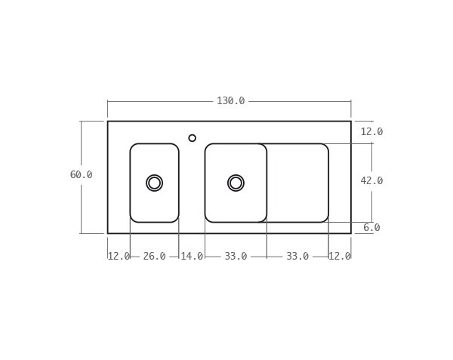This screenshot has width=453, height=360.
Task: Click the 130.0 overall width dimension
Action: coord(230,101)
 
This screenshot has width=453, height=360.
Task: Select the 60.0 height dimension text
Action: coord(81,175)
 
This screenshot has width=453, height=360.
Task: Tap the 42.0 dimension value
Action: coord(371,181)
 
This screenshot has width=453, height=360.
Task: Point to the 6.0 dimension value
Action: coord(371,228)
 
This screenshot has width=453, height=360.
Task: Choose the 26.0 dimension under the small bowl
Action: coord(154,257)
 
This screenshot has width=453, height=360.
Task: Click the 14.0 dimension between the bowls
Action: coord(192,257)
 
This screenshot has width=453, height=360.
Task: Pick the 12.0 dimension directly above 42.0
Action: coord(371,132)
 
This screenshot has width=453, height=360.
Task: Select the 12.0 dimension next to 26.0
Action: coord(119,257)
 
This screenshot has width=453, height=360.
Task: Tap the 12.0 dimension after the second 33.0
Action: coord(339,257)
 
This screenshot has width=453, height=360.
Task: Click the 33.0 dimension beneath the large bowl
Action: coord(236,257)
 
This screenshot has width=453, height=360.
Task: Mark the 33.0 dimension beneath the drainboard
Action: coord(297,257)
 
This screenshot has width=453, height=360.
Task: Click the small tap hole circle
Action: coord(192,138)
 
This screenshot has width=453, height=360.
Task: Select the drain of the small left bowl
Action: coord(154,183)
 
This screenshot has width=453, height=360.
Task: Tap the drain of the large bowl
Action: coord(236,183)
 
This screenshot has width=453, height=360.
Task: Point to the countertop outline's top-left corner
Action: coord(107,121)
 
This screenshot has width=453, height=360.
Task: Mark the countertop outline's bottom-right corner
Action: coord(351,233)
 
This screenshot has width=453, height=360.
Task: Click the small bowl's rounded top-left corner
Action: coord(132,146)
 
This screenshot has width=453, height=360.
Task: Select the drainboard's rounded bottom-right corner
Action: coord(326,220)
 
